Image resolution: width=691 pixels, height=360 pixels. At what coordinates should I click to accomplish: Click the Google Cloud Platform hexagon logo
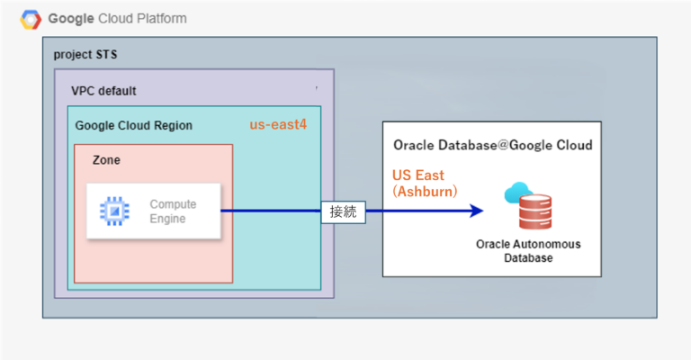(31, 19)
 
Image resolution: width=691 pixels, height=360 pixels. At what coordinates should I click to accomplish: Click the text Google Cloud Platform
(117, 19)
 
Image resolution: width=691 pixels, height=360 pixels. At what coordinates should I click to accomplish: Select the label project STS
(85, 54)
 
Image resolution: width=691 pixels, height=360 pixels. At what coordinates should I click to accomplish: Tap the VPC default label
(103, 91)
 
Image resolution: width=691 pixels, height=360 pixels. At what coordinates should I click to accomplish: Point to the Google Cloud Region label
(133, 125)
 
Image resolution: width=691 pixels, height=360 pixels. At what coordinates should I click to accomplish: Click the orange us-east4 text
(278, 124)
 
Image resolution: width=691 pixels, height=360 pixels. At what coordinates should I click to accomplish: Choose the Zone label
(106, 159)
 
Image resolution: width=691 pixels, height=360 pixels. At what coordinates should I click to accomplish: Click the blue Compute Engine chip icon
(114, 211)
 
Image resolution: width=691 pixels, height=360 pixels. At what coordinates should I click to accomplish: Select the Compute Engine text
(172, 211)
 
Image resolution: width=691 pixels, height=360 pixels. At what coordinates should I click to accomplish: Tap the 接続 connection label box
(343, 212)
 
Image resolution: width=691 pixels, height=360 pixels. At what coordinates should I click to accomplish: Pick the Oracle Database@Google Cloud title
(492, 145)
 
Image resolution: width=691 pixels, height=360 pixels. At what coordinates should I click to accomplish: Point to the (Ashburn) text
(425, 192)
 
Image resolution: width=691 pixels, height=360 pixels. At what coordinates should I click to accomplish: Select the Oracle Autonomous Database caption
(528, 251)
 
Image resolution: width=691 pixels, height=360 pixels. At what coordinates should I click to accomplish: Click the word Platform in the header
(161, 19)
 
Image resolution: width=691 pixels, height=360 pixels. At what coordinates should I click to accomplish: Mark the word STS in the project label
(106, 54)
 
